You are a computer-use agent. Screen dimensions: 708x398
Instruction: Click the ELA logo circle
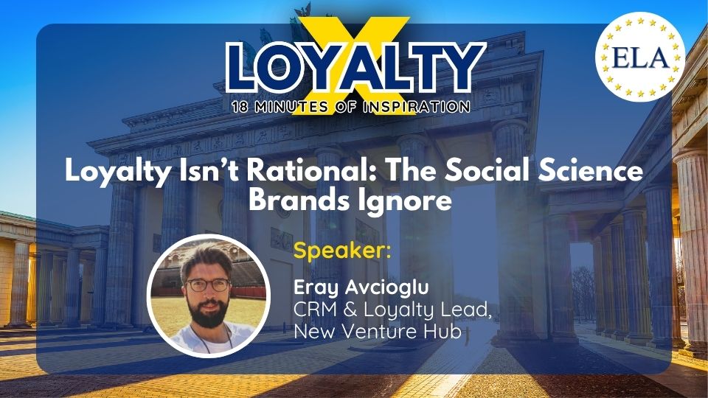click(640, 57)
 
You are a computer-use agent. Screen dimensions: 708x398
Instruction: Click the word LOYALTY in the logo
click(355, 67)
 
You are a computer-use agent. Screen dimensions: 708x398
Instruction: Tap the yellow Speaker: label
click(341, 251)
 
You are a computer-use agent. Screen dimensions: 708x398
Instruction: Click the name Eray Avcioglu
click(361, 287)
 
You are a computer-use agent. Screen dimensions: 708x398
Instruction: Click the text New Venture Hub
click(378, 331)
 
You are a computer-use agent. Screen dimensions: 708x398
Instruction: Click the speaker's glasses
click(208, 284)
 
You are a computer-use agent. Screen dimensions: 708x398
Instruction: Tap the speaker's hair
click(206, 258)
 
